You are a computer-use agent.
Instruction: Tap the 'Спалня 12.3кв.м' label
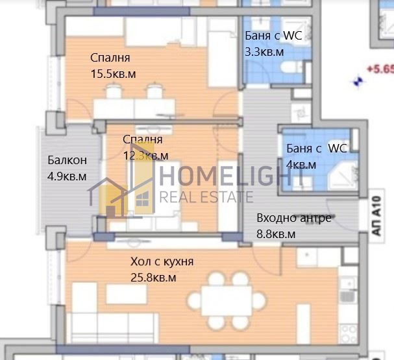coord(145,147)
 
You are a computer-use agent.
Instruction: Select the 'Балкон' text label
coord(67,161)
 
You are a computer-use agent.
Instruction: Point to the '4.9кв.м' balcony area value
coord(67,176)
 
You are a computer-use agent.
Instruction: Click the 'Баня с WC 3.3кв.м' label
coord(273,43)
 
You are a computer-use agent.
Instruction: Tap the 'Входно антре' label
coord(293,218)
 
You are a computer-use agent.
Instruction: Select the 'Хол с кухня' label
coord(162,262)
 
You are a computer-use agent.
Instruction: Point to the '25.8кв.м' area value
coord(154,278)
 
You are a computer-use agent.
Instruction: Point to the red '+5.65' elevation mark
coord(379,67)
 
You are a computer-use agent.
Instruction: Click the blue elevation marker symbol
coord(356,81)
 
